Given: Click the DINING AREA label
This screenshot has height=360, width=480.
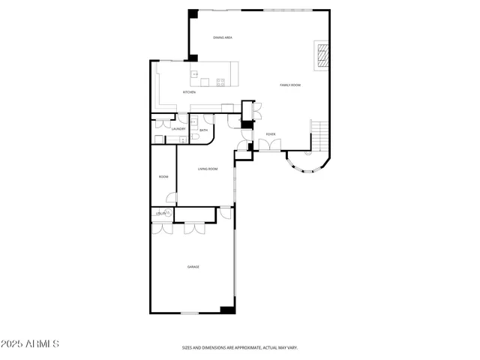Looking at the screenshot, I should [221, 37].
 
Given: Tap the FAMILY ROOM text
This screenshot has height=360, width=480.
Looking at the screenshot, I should [290, 85].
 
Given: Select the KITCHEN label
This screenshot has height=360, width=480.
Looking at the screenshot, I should [189, 92].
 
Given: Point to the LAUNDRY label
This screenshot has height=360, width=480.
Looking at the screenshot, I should [178, 129].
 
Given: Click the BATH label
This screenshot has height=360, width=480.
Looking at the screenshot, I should [203, 129].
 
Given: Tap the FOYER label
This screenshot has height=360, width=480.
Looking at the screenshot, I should [270, 134].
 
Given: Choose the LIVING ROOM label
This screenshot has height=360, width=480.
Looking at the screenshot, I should [208, 169].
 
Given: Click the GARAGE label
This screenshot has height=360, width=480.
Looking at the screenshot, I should [193, 266].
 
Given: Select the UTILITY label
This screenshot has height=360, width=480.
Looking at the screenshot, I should [160, 214].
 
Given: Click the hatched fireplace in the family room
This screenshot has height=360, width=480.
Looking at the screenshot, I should [322, 55].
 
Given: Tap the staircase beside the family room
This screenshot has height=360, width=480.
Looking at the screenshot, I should [320, 136].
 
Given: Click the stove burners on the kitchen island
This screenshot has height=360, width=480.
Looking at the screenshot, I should [220, 81].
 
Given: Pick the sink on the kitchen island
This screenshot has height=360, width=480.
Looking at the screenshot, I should [195, 74].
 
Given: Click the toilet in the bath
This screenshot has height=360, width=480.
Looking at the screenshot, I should [195, 135].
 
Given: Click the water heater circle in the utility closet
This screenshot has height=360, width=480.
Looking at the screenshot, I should [169, 214].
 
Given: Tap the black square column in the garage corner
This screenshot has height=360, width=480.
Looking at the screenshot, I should [227, 309].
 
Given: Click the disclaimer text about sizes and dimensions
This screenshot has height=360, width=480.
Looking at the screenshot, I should [239, 347].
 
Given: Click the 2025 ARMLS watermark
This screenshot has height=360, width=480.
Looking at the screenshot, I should [30, 344].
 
